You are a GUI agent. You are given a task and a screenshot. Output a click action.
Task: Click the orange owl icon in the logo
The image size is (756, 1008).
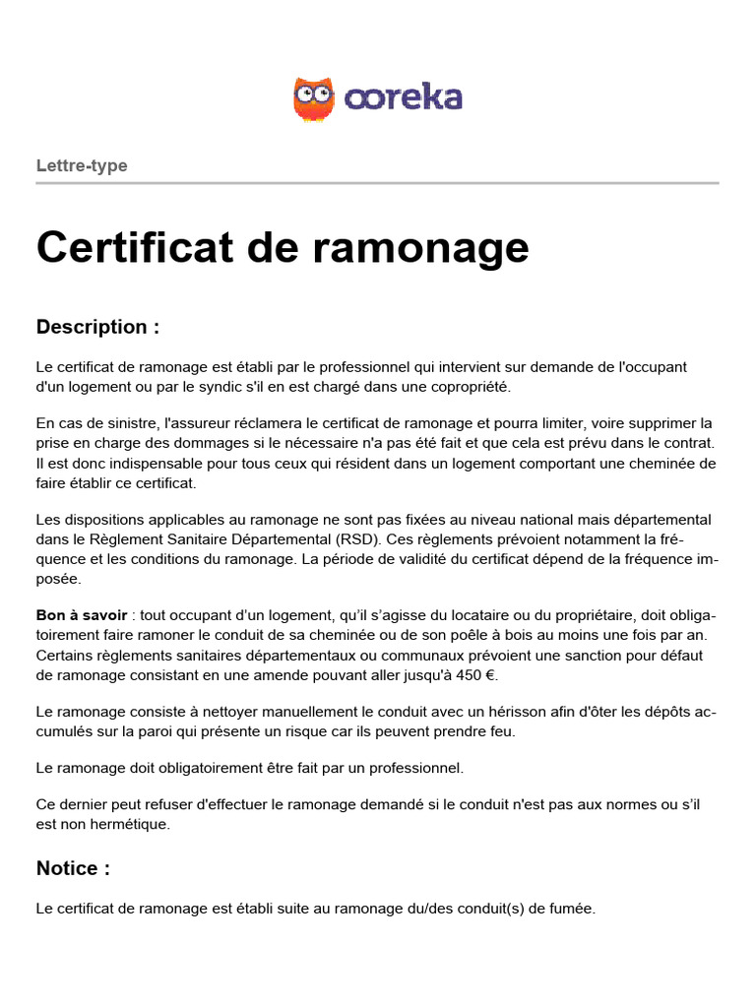point(313,98)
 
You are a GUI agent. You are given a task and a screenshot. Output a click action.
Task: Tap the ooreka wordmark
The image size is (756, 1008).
point(404,97)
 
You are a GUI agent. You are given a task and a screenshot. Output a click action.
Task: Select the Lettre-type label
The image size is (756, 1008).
point(82,165)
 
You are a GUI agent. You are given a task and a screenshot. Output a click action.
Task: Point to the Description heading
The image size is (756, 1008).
point(97,327)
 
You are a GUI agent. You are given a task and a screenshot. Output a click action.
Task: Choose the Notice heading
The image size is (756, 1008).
point(73,868)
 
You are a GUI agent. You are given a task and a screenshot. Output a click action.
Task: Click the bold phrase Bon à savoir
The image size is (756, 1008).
point(82,615)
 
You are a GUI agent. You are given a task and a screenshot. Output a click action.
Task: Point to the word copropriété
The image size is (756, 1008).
point(469,386)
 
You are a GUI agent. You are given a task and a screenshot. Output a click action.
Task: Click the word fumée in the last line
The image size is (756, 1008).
point(573,910)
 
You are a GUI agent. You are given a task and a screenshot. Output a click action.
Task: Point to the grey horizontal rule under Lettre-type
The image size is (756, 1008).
point(378,183)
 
